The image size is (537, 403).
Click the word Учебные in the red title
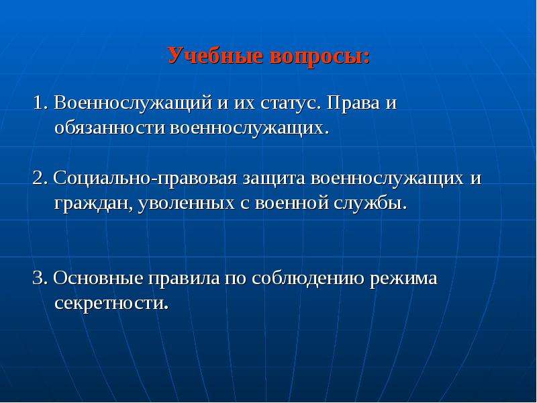pos(215,56)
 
